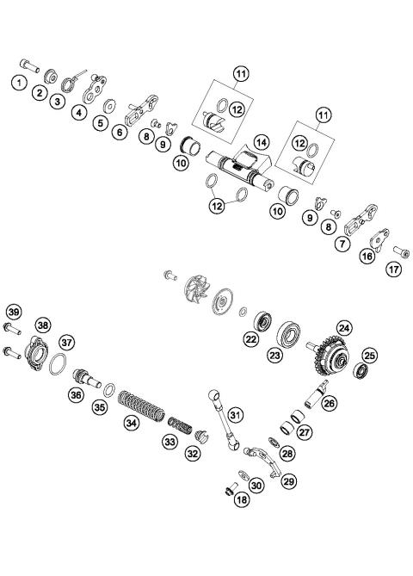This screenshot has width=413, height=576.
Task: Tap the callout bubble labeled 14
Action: pyautogui.click(x=261, y=141)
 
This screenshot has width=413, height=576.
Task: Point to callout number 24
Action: pyautogui.click(x=344, y=327)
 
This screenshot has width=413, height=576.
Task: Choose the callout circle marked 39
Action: pyautogui.click(x=14, y=311)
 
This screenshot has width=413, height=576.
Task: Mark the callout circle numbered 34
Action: pyautogui.click(x=131, y=423)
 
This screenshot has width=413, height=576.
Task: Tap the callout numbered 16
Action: pyautogui.click(x=368, y=256)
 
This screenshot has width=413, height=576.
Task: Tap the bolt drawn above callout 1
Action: pyautogui.click(x=30, y=65)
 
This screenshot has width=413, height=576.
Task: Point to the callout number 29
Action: pyautogui.click(x=288, y=480)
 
